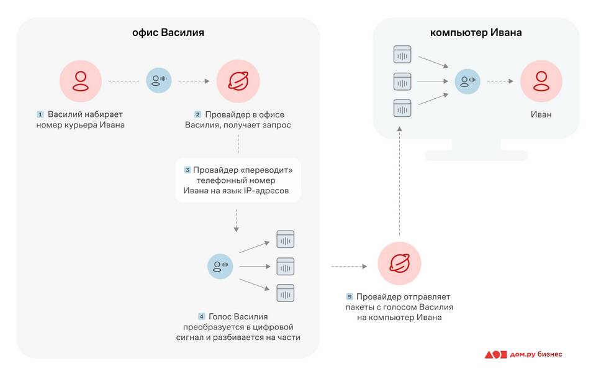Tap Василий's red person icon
click(x=81, y=81)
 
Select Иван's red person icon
click(x=541, y=81)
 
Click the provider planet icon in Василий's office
click(x=238, y=81)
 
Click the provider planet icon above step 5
click(x=399, y=264)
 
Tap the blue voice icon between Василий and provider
click(x=159, y=81)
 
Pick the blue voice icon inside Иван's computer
click(x=467, y=81)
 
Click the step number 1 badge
click(x=40, y=114)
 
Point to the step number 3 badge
click(x=187, y=170)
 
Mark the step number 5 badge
click(x=350, y=296)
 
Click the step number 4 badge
click(x=201, y=316)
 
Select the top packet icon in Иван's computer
click(x=403, y=54)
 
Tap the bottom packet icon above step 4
click(x=285, y=293)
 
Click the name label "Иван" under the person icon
click(x=541, y=114)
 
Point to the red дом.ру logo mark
click(x=496, y=354)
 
